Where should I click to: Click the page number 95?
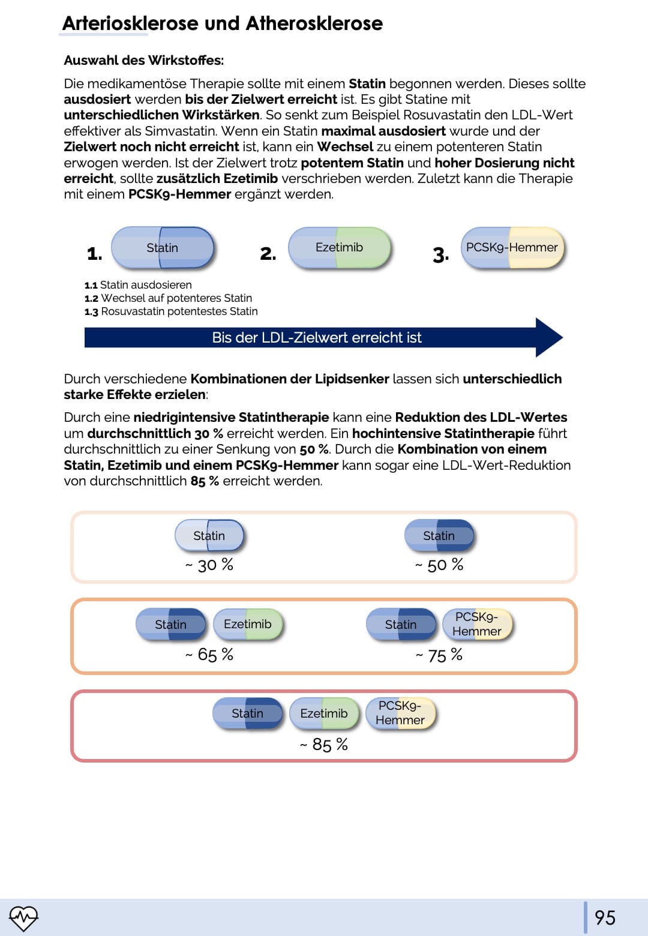coord(605,917)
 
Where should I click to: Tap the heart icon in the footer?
coord(23,917)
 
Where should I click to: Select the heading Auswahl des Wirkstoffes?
coord(143,60)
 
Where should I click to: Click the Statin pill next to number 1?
coord(163,247)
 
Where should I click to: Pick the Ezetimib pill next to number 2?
coord(340,247)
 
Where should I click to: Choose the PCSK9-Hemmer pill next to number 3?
coord(512,247)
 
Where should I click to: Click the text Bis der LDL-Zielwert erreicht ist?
coord(317,338)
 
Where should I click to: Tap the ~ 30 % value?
coord(209,565)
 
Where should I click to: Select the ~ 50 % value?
coord(439,565)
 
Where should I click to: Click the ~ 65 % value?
coord(209,654)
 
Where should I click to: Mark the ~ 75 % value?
coord(439,655)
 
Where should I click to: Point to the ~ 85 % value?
coord(324,745)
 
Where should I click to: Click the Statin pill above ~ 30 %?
coord(209,535)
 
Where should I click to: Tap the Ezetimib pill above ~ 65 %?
coord(248,624)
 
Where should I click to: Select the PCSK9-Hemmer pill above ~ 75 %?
coord(477,624)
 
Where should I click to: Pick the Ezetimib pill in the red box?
coord(324,713)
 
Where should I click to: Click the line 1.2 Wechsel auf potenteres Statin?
coord(169,298)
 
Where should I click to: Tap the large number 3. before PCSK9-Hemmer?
coord(441,254)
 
